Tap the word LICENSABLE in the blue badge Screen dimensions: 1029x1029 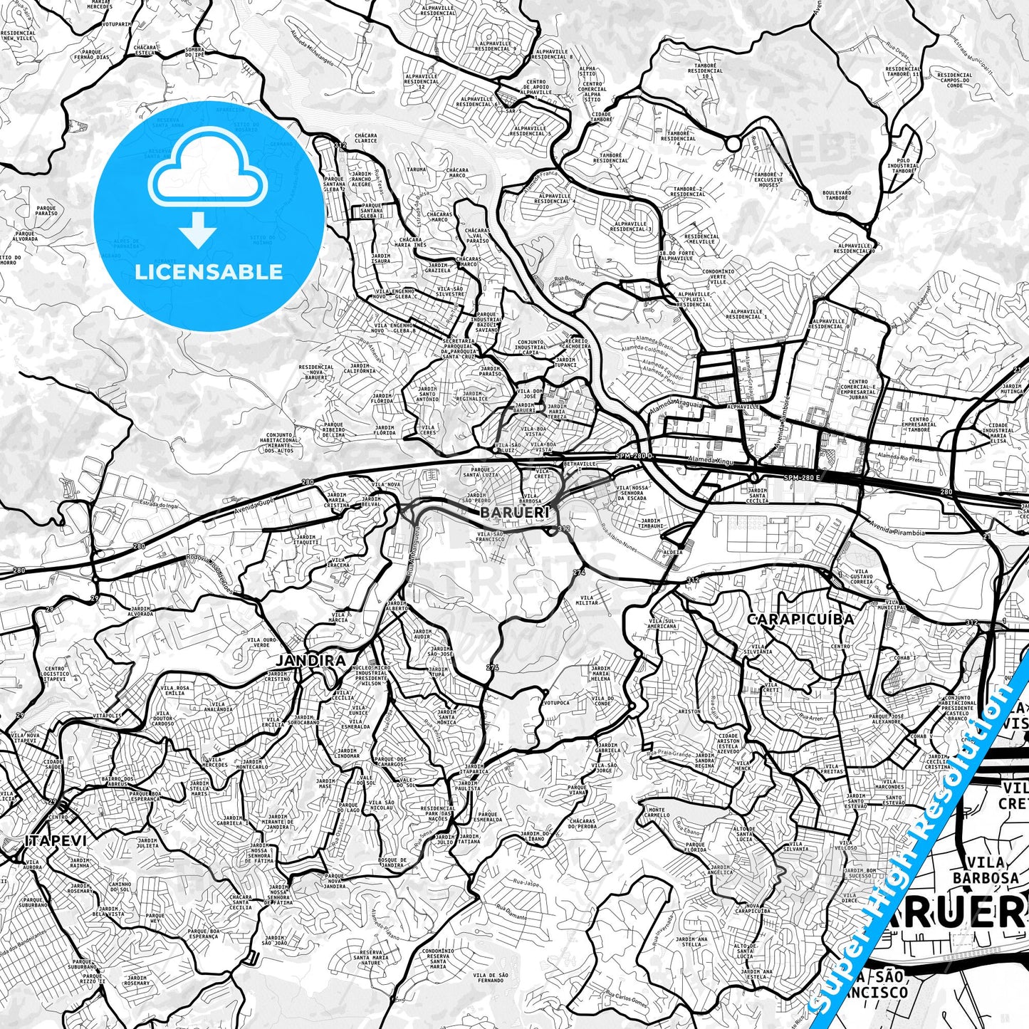(208, 271)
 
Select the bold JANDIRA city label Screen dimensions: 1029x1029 (310, 660)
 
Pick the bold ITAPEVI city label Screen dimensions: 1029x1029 (56, 840)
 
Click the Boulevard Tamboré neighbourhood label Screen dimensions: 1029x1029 (836, 195)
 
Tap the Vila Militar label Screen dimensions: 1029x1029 (588, 600)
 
